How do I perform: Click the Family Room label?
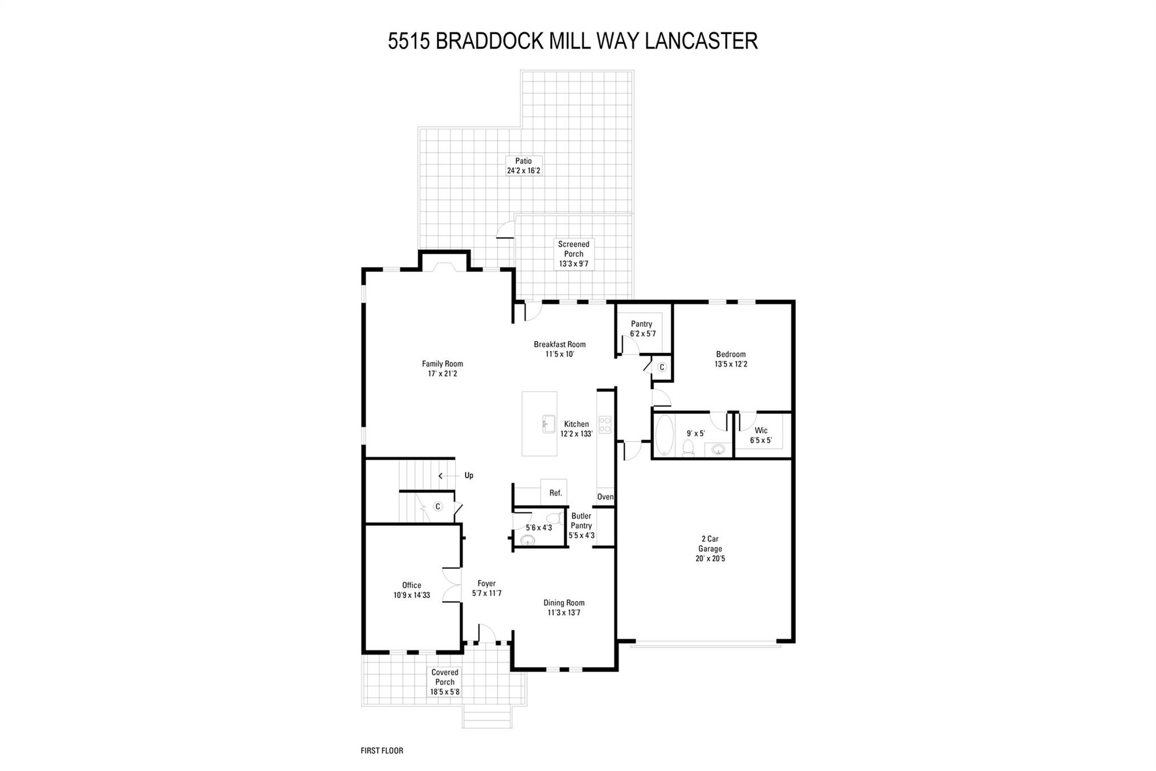[443, 364]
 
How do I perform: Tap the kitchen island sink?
[549, 424]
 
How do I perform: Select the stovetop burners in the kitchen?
[605, 424]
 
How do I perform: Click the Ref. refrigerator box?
[555, 493]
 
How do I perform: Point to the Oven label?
[605, 496]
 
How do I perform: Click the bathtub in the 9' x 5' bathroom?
[664, 435]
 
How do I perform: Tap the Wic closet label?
[760, 430]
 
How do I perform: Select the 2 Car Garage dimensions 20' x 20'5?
[710, 559]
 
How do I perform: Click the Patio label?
[523, 161]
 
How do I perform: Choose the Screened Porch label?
[573, 249]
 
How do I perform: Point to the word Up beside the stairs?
[468, 476]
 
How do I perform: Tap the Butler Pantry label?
[581, 521]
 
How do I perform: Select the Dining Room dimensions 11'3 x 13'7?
[564, 612]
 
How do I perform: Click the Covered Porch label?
[445, 677]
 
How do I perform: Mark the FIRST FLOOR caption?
[382, 751]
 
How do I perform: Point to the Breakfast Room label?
[559, 345]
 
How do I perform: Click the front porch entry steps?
[488, 718]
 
